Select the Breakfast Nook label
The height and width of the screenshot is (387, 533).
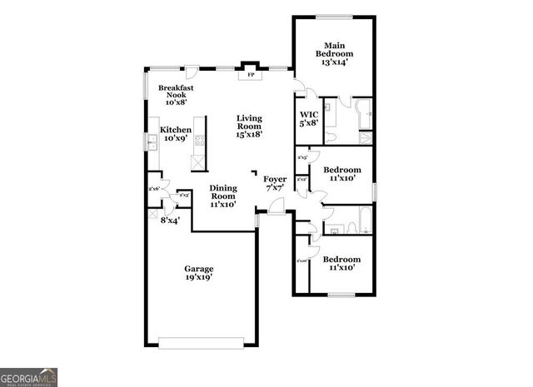click(x=176, y=94)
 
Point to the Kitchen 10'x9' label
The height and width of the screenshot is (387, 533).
click(x=176, y=134)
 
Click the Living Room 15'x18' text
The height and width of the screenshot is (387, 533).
click(x=249, y=126)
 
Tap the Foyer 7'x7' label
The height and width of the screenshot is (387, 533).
click(x=275, y=184)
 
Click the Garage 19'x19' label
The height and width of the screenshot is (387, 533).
click(x=199, y=273)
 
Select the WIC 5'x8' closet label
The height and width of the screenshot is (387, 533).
click(x=309, y=119)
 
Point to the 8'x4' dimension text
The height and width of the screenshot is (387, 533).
click(x=170, y=221)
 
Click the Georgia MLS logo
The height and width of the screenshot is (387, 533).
click(x=29, y=376)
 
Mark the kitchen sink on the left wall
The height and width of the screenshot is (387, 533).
click(x=153, y=144)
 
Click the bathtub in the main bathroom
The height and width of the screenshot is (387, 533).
click(x=365, y=115)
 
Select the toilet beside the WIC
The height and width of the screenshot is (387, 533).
click(x=330, y=136)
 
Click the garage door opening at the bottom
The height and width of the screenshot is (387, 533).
click(x=199, y=341)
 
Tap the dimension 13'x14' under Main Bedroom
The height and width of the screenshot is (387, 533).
click(x=335, y=62)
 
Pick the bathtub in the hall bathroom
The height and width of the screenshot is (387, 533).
click(x=364, y=221)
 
